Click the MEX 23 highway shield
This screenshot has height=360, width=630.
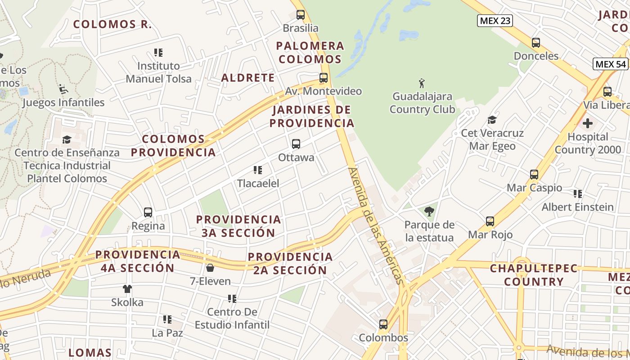495,21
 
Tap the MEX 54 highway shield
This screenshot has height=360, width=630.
611,64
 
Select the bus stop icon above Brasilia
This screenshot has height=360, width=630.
301,15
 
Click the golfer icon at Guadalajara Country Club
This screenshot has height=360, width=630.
422,83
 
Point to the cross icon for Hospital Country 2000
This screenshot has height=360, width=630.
588,123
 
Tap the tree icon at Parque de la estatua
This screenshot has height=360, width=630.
429,211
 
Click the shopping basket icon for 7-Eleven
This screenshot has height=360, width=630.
210,268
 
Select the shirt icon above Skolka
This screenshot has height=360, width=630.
127,289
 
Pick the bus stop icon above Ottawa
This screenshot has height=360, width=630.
296,144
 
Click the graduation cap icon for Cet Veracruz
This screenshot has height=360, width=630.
492,120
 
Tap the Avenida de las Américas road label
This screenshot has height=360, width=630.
376,226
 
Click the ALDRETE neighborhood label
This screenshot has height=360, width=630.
248,77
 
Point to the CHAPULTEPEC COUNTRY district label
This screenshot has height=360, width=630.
534,275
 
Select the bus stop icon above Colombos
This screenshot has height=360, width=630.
383,324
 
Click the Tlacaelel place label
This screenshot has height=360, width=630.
258,183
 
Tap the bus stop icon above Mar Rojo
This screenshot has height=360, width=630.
490,221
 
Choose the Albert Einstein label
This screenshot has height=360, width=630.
578,207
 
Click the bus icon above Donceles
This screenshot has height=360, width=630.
536,43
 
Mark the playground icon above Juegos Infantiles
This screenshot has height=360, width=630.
63,89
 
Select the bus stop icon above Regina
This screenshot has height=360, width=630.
148,212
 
